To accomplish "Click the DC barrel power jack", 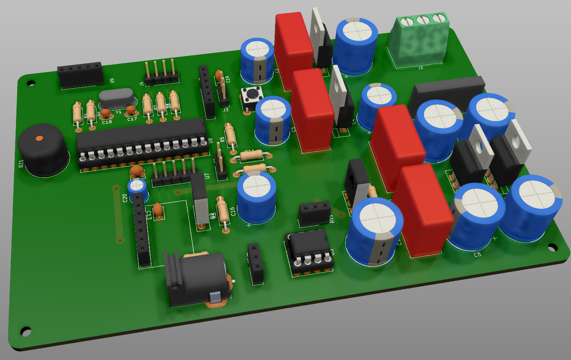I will point(197,279).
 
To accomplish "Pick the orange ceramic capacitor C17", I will point(131,110).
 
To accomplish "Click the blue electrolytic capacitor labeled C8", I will point(476,216).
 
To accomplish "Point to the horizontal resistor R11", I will point(252,156).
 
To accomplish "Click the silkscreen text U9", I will point(112,80).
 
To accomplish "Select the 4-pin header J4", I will point(161,74).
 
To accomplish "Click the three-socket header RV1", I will point(315,213).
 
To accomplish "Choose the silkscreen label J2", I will point(421,67).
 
